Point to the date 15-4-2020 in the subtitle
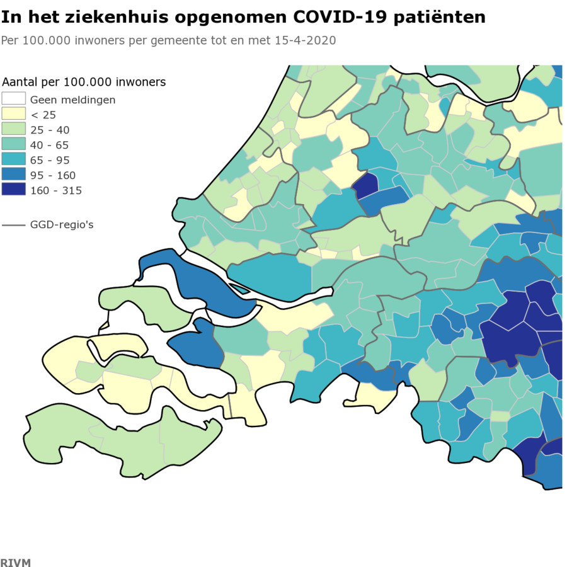click(305, 40)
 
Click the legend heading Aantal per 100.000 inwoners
click(84, 82)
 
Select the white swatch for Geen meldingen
click(13, 99)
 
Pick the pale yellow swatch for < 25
click(13, 114)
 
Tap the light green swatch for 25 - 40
click(13, 129)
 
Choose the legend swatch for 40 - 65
click(13, 144)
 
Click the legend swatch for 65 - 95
click(13, 159)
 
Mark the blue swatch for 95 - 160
click(13, 175)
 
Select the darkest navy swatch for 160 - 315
click(13, 190)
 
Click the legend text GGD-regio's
click(62, 224)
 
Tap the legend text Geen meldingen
click(72, 100)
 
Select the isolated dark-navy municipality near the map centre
click(366, 185)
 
